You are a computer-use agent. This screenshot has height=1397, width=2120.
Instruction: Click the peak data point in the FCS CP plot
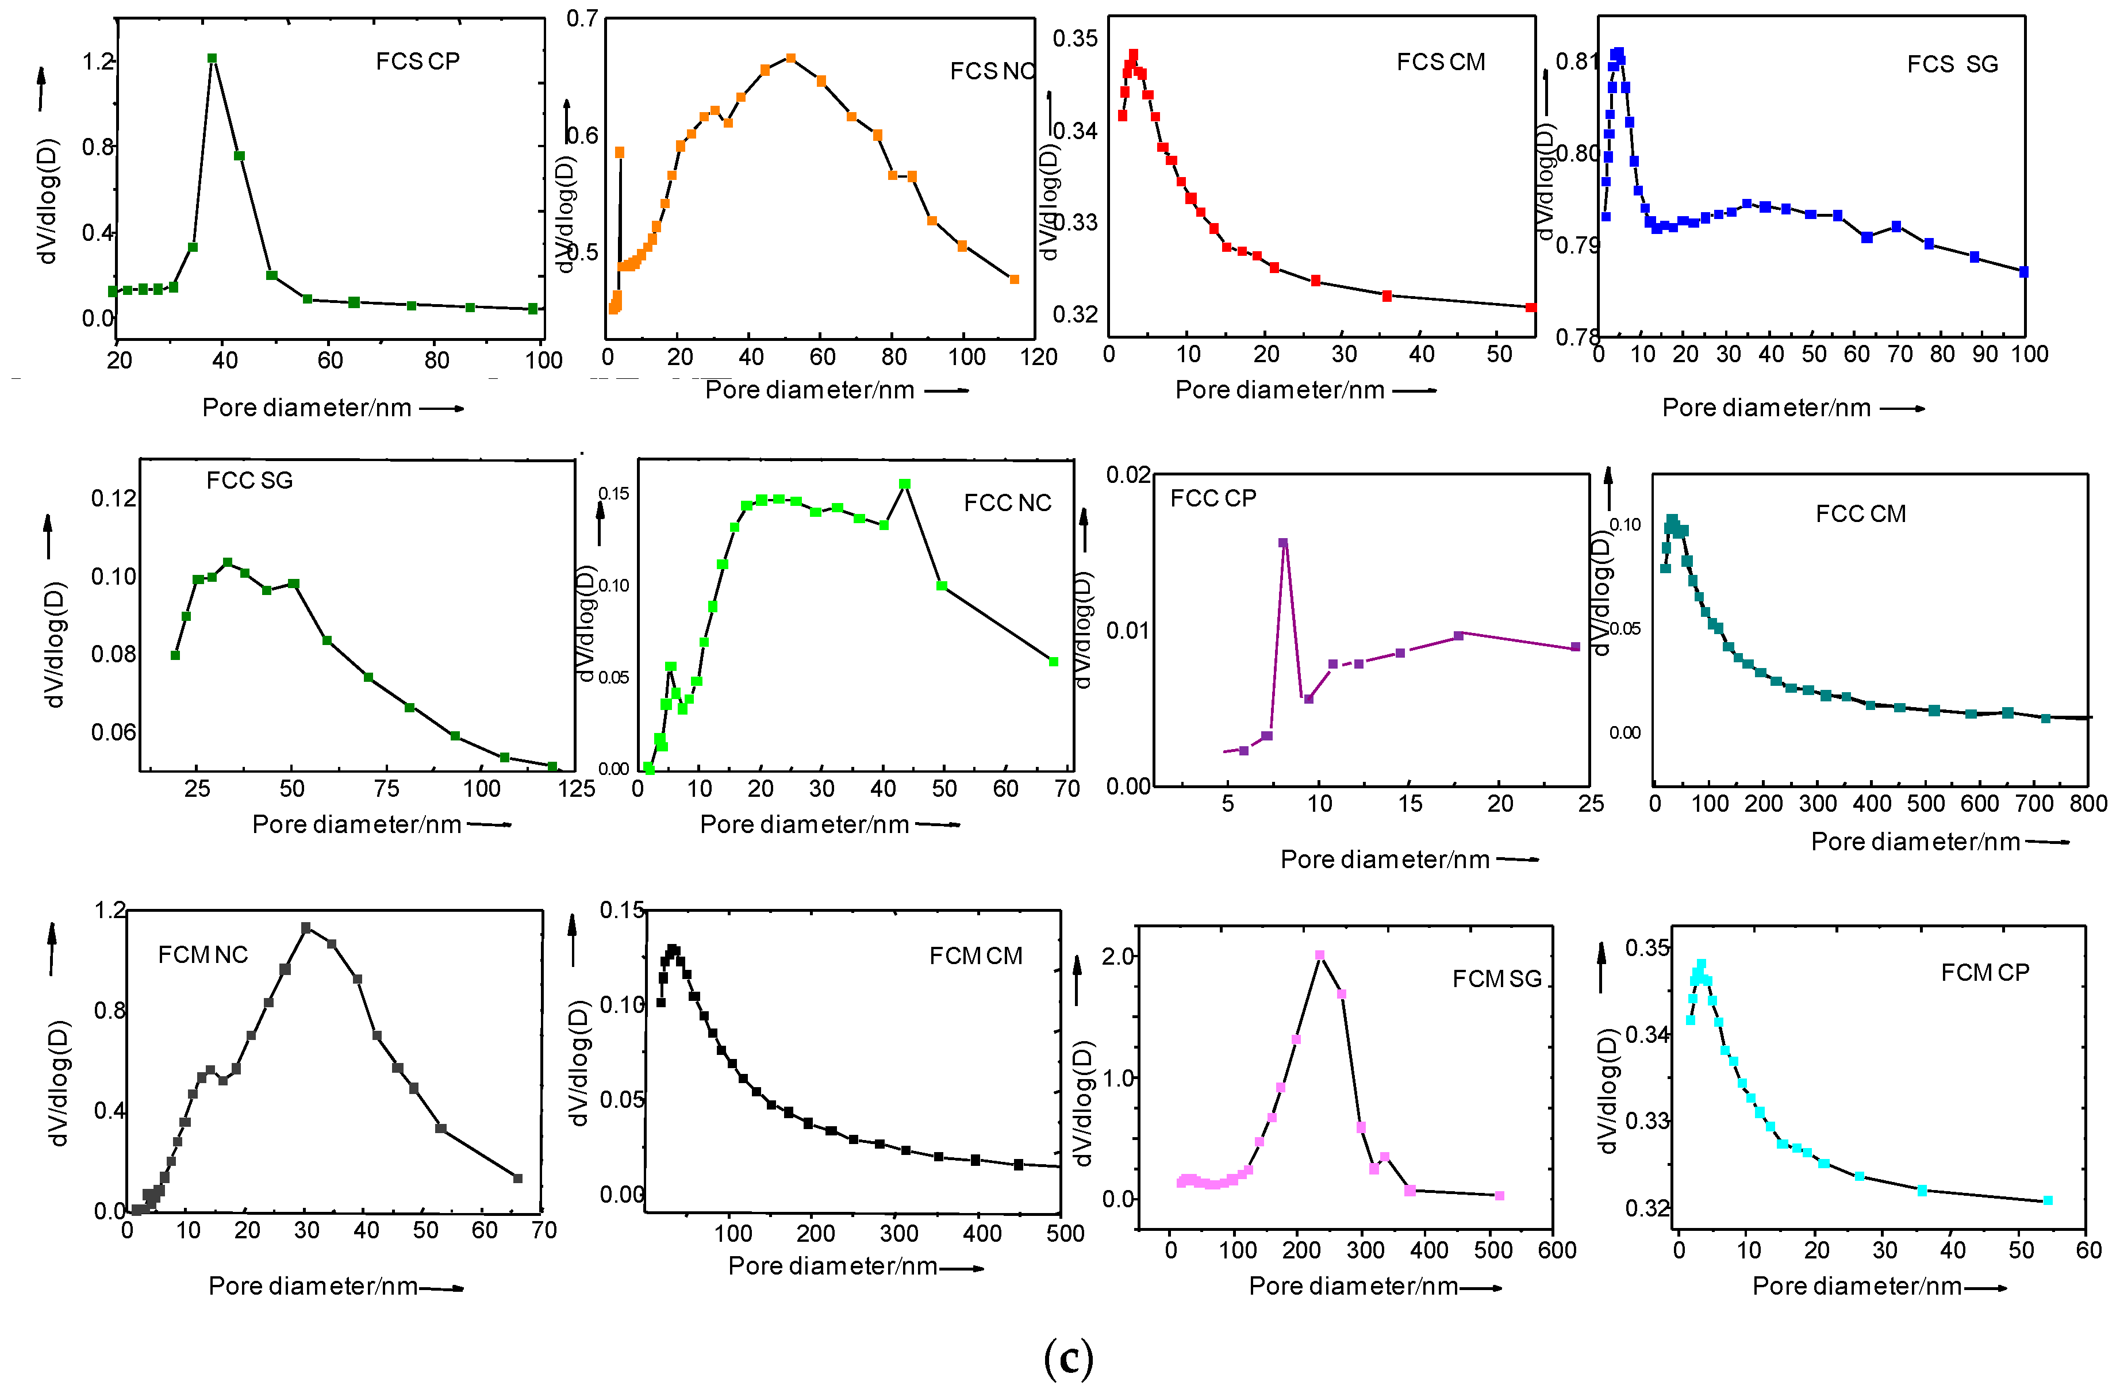tap(212, 59)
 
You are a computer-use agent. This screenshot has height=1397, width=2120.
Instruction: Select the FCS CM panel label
tap(1441, 62)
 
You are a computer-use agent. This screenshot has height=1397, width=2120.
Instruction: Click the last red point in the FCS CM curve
tap(1530, 308)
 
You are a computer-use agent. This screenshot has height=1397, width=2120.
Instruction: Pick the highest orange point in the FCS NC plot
tap(790, 59)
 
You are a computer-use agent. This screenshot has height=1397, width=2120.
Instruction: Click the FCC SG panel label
tap(249, 481)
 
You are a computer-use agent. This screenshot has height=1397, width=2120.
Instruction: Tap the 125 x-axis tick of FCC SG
tap(577, 789)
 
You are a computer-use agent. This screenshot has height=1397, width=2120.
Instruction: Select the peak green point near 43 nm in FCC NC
tap(905, 485)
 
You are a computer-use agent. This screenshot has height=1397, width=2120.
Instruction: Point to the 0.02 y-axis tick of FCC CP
tap(1128, 475)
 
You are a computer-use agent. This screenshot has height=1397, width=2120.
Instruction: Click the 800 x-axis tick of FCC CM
tap(2087, 804)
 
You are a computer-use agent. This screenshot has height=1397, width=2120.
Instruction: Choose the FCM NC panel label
tap(202, 955)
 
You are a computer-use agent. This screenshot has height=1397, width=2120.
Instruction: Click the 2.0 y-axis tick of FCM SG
tap(1118, 957)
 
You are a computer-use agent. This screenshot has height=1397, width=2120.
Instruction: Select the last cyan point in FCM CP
tap(2048, 1201)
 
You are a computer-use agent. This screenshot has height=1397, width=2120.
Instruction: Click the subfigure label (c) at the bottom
tap(1067, 1358)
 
